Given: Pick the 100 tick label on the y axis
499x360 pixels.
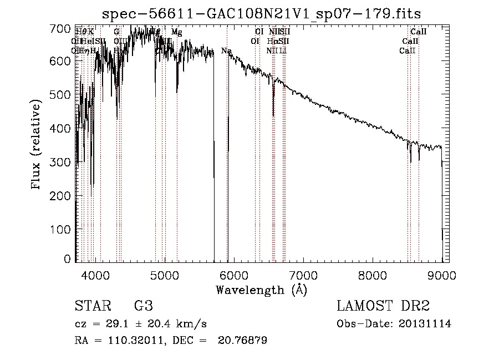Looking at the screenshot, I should click(x=64, y=229).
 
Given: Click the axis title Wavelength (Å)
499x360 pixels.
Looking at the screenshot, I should click(x=261, y=290).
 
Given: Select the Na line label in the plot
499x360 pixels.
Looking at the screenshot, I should click(x=226, y=51).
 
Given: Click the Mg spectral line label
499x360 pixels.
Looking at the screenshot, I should click(x=176, y=32).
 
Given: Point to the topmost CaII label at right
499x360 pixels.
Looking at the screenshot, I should click(x=418, y=32).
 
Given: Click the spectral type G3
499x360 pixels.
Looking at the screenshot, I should click(x=144, y=307).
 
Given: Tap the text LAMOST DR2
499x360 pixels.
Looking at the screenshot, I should click(x=383, y=307).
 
